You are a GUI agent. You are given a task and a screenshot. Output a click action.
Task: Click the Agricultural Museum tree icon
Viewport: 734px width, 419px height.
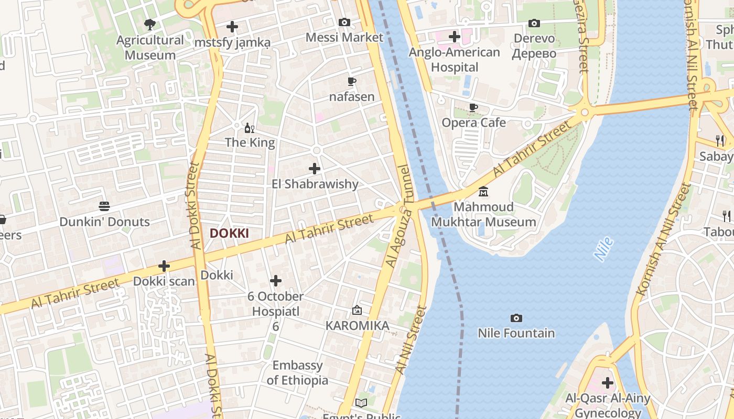tap(150, 24)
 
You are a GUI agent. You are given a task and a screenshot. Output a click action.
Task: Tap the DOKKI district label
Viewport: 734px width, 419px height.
tap(229, 233)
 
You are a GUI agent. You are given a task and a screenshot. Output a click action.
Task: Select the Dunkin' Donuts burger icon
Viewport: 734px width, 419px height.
tap(104, 206)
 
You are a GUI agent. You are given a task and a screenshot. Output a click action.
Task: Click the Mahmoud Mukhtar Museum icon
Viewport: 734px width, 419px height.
tap(483, 192)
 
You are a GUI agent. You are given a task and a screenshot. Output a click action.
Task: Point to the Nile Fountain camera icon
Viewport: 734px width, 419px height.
tap(516, 318)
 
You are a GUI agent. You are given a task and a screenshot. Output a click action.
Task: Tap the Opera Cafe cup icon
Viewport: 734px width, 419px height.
tap(473, 107)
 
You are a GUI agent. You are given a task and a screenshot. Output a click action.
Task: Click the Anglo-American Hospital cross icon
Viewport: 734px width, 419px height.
tap(455, 37)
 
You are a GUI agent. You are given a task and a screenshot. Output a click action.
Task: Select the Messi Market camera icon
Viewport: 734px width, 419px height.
tap(344, 22)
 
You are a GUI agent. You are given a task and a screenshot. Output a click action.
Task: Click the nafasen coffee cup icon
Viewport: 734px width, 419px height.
tap(352, 81)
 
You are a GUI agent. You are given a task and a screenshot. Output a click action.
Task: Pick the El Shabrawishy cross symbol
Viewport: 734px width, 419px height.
tap(315, 169)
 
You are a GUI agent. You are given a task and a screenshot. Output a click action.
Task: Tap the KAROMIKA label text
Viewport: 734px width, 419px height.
tap(357, 326)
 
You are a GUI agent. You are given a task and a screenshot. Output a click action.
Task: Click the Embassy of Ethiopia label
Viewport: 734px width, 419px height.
tap(297, 373)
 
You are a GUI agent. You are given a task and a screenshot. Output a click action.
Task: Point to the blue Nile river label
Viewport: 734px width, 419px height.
tap(603, 249)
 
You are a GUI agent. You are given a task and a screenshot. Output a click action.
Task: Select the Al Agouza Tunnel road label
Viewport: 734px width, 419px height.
tap(398, 216)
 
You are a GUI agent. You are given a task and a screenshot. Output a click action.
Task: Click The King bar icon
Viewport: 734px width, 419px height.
tap(250, 127)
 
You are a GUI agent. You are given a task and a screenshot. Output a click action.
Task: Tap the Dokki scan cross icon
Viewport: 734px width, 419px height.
tap(164, 266)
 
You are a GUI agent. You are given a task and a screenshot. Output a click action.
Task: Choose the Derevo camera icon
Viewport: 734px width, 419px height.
tap(534, 23)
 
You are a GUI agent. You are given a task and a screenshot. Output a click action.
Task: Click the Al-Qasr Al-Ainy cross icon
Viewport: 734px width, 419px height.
tap(608, 383)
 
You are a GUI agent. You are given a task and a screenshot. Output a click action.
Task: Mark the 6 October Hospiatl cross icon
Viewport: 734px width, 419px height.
tap(276, 281)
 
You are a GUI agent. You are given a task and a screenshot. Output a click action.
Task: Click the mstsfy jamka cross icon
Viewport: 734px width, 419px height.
tap(232, 27)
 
